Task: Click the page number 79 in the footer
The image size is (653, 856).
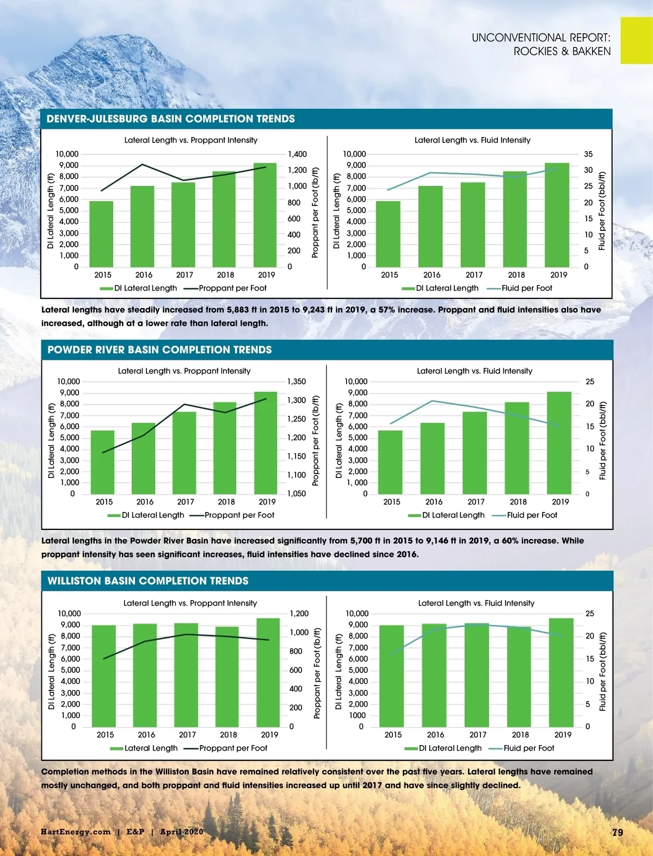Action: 617,832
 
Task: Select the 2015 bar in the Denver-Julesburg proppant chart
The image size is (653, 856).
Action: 101,234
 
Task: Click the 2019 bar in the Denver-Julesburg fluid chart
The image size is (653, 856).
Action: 557,215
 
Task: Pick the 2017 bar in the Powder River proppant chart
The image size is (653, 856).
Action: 184,453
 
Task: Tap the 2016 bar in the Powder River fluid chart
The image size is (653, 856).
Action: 433,458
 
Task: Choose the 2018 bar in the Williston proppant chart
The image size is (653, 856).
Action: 227,677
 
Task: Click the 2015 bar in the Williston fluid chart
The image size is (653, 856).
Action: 392,676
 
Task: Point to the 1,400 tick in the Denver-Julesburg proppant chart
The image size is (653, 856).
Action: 297,154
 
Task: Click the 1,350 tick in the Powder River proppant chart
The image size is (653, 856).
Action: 297,382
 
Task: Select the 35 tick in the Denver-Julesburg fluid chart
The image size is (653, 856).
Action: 588,154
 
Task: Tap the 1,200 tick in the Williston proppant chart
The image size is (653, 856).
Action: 299,614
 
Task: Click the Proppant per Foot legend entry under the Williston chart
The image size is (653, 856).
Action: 233,748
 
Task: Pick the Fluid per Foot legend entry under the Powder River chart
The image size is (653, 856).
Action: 532,515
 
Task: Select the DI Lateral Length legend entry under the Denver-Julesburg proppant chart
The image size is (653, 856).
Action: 145,288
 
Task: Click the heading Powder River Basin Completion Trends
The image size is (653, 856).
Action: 159,349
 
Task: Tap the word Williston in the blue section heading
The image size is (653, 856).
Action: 74,580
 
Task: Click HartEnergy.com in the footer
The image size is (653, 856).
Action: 75,832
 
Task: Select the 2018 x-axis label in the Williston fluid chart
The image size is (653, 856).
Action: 520,734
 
